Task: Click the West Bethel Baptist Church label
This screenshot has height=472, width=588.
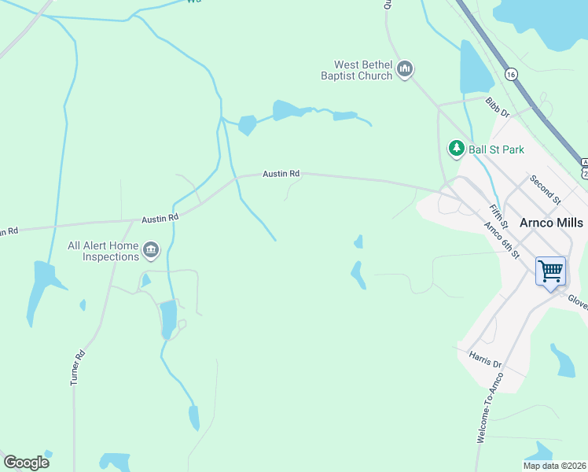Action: [362, 70]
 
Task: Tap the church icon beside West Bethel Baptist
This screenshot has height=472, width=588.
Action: [405, 70]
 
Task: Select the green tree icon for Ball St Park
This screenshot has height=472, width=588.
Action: [456, 148]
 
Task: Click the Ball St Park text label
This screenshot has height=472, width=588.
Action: [496, 149]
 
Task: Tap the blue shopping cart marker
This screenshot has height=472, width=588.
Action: [551, 271]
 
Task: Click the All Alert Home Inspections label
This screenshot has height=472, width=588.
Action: [104, 251]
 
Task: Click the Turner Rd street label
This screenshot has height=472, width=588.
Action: [76, 367]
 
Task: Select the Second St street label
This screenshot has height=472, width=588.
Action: [545, 190]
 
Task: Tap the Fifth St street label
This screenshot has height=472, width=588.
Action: [498, 215]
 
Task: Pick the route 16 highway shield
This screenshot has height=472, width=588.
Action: [512, 74]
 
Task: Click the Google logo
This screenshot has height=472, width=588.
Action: [26, 463]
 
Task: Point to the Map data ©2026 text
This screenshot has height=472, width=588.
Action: [555, 466]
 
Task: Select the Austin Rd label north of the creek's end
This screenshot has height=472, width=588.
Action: [281, 173]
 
